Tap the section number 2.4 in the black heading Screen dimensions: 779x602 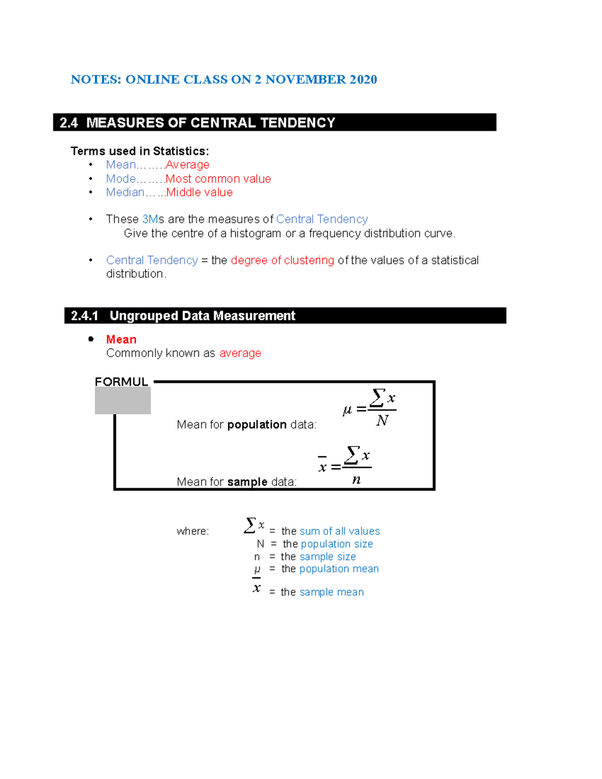pyautogui.click(x=69, y=123)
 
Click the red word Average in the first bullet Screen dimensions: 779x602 pyautogui.click(x=187, y=165)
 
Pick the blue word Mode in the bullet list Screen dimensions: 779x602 pyautogui.click(x=121, y=179)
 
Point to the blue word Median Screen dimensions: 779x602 pyautogui.click(x=125, y=193)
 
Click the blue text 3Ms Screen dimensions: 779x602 pyautogui.click(x=150, y=219)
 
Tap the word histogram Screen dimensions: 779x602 pyautogui.click(x=256, y=234)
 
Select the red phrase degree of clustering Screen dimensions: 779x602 pyautogui.click(x=282, y=260)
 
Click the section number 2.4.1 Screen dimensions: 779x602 pyautogui.click(x=84, y=316)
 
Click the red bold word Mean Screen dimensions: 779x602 pyautogui.click(x=121, y=340)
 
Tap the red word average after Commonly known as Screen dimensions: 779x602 pyautogui.click(x=240, y=353)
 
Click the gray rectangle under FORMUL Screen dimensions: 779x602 pyautogui.click(x=123, y=401)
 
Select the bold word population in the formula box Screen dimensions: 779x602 pyautogui.click(x=257, y=425)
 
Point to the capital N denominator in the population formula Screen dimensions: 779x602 pyautogui.click(x=382, y=420)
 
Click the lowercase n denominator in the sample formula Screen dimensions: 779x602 pyautogui.click(x=357, y=480)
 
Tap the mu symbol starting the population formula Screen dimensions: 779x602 pyautogui.click(x=347, y=411)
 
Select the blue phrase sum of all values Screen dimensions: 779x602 pyautogui.click(x=340, y=531)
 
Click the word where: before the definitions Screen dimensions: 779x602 pyautogui.click(x=193, y=531)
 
